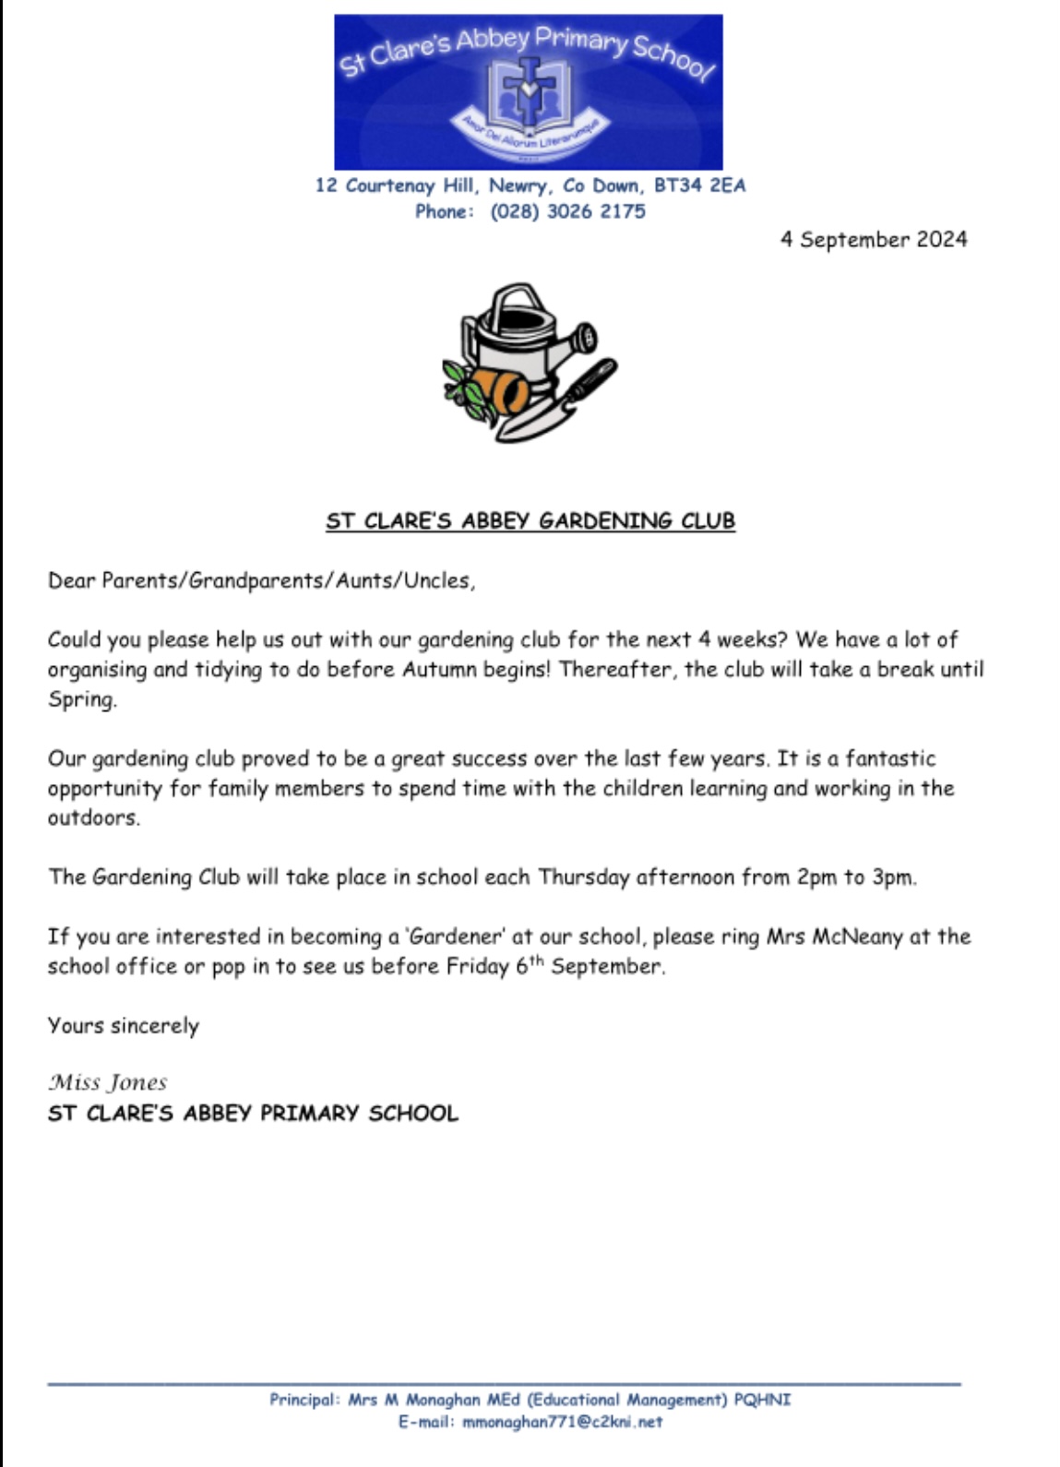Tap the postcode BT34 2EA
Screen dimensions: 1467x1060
[x=699, y=185]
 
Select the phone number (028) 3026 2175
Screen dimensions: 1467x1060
[x=567, y=211]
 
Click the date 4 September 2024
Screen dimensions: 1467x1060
[x=874, y=240]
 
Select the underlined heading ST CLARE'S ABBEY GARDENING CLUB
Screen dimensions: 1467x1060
[x=530, y=521]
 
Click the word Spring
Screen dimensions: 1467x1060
[x=82, y=699]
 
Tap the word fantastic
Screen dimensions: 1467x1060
[x=890, y=758]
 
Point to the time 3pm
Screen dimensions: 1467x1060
[x=894, y=877]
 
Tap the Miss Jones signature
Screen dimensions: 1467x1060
[x=108, y=1082]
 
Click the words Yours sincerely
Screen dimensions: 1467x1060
[x=124, y=1026]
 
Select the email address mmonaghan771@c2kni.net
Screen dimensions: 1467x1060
[x=562, y=1422]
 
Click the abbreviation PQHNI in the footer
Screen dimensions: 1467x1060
[x=762, y=1400]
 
